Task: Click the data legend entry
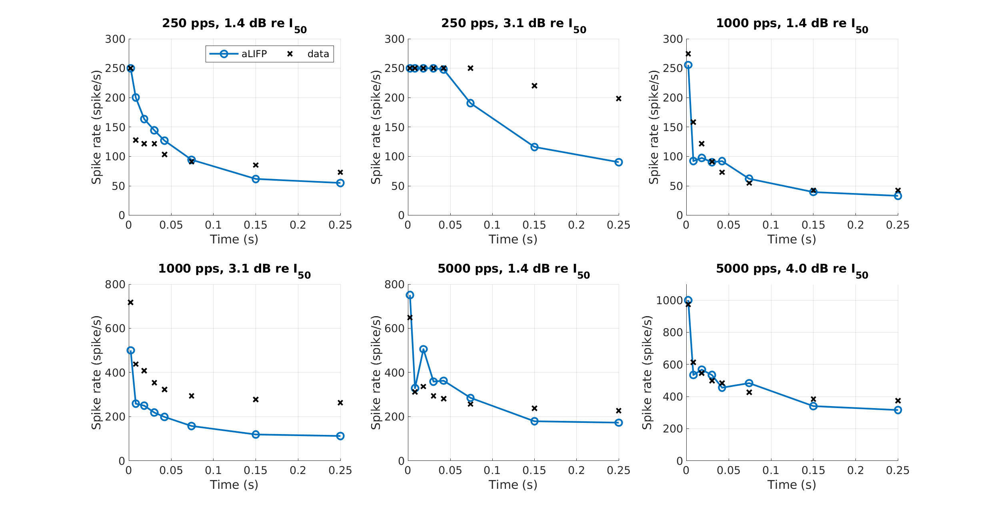pyautogui.click(x=308, y=54)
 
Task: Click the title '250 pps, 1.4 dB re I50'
pyautogui.click(x=234, y=24)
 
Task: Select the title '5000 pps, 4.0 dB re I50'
pyautogui.click(x=792, y=270)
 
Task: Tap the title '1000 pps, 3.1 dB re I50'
pyautogui.click(x=234, y=270)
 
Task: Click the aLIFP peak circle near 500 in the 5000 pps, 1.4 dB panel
pyautogui.click(x=424, y=349)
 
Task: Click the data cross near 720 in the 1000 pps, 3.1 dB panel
pyautogui.click(x=130, y=302)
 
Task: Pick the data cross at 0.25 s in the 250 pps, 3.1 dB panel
pyautogui.click(x=619, y=98)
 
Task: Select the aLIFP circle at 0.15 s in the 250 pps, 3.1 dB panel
pyautogui.click(x=534, y=147)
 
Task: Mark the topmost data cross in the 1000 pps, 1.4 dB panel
pyautogui.click(x=688, y=54)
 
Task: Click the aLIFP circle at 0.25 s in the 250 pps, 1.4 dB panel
pyautogui.click(x=340, y=183)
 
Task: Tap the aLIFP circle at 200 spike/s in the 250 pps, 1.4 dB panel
pyautogui.click(x=136, y=98)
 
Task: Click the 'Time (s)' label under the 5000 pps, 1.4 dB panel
pyautogui.click(x=513, y=485)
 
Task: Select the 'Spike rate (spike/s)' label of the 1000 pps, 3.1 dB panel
pyautogui.click(x=96, y=373)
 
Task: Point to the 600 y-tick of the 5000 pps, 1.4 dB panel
pyautogui.click(x=395, y=329)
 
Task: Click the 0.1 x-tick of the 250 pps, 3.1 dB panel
pyautogui.click(x=492, y=225)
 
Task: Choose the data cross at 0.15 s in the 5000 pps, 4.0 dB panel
pyautogui.click(x=813, y=399)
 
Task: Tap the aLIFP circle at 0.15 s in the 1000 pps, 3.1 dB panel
pyautogui.click(x=256, y=434)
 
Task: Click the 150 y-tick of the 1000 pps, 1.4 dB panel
pyautogui.click(x=673, y=127)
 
